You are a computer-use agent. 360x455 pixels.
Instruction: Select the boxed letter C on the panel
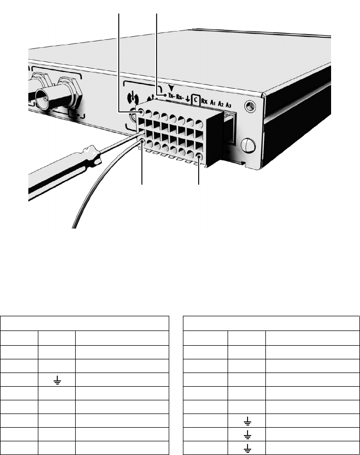coord(196,98)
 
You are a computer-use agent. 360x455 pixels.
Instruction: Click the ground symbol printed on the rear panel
coord(188,98)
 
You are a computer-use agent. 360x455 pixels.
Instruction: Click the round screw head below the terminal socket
coord(246,145)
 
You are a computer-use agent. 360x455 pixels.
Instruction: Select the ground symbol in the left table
coord(56,377)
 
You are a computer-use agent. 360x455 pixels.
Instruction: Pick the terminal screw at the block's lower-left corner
coord(142,142)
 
